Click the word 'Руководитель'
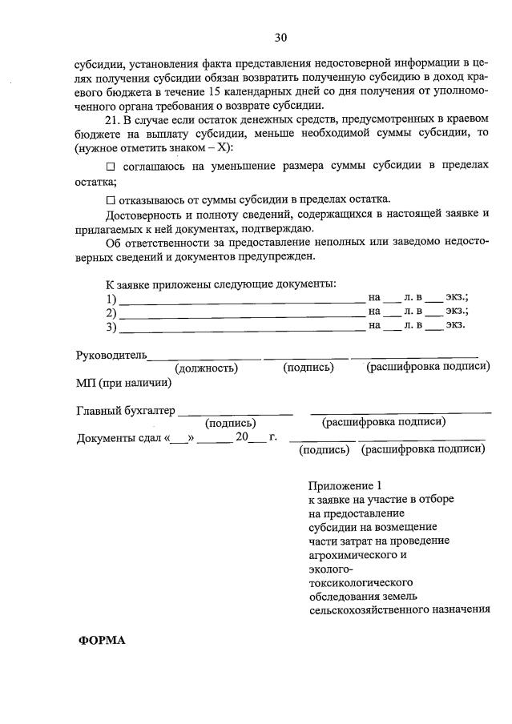111,353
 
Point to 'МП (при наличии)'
123,382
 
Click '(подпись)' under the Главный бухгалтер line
231,423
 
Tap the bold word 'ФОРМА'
102,641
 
